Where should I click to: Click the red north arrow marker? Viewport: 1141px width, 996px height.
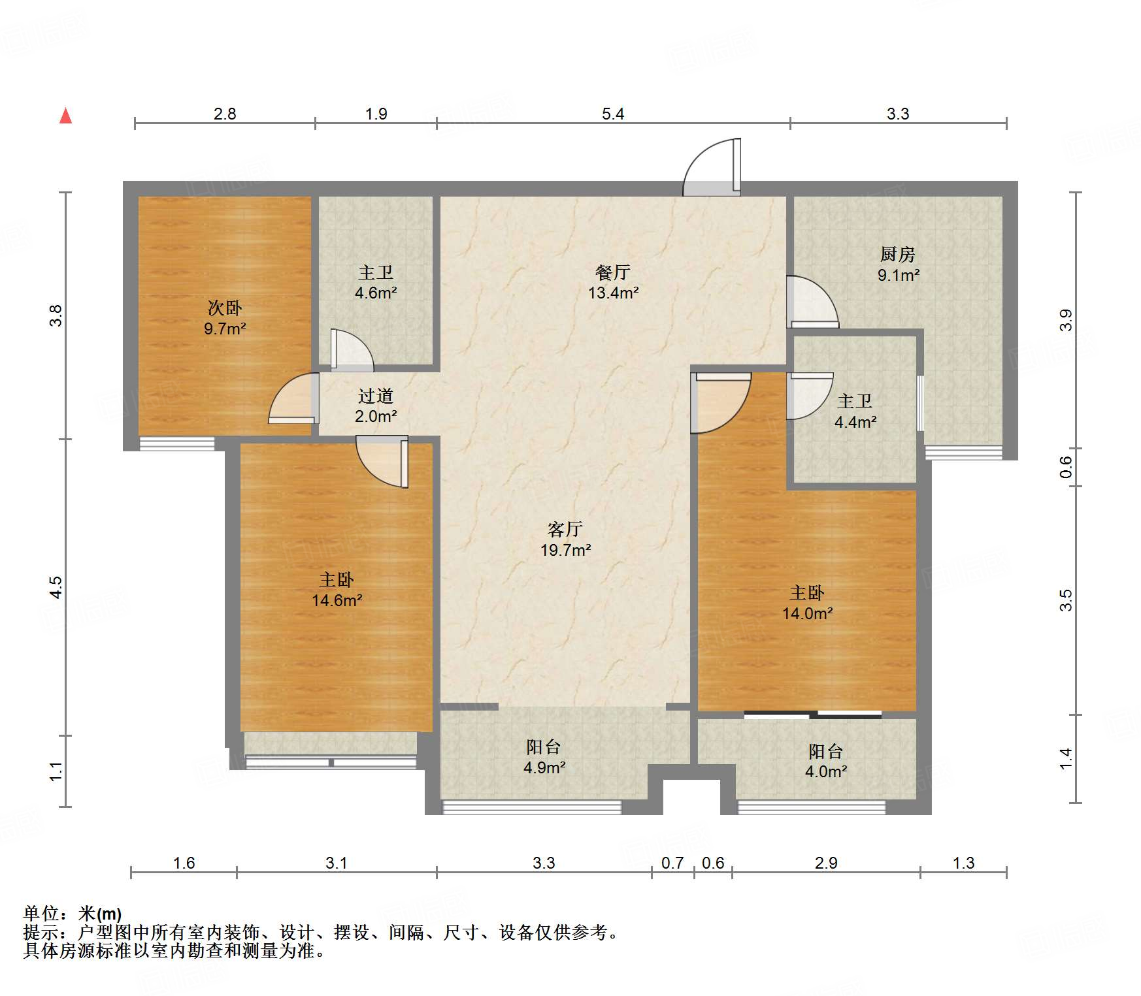tap(65, 116)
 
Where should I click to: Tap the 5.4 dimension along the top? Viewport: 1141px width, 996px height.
tap(612, 114)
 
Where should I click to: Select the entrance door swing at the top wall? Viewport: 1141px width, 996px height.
tap(712, 169)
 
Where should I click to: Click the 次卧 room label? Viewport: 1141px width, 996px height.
tap(224, 307)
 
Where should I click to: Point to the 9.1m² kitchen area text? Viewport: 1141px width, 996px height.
tap(898, 275)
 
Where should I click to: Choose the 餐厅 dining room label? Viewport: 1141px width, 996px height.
tap(612, 272)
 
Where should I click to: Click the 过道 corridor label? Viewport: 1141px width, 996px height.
tap(375, 396)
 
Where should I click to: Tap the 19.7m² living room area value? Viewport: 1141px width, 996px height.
tap(565, 550)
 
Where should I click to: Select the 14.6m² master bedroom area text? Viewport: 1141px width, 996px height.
tap(337, 600)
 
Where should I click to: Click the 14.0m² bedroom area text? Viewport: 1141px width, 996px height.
tap(807, 613)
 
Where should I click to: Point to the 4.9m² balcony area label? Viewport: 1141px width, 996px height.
tap(544, 767)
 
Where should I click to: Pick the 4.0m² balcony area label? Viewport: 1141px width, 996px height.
tap(825, 771)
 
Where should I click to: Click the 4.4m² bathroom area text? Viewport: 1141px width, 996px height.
tap(855, 422)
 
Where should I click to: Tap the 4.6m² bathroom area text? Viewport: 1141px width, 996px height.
tap(375, 293)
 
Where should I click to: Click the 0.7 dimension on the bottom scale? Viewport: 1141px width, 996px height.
tap(672, 863)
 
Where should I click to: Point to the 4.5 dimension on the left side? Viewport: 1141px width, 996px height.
tap(56, 586)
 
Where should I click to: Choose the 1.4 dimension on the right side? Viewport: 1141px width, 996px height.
tap(1065, 758)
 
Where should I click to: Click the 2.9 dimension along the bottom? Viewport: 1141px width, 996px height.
tap(825, 863)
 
